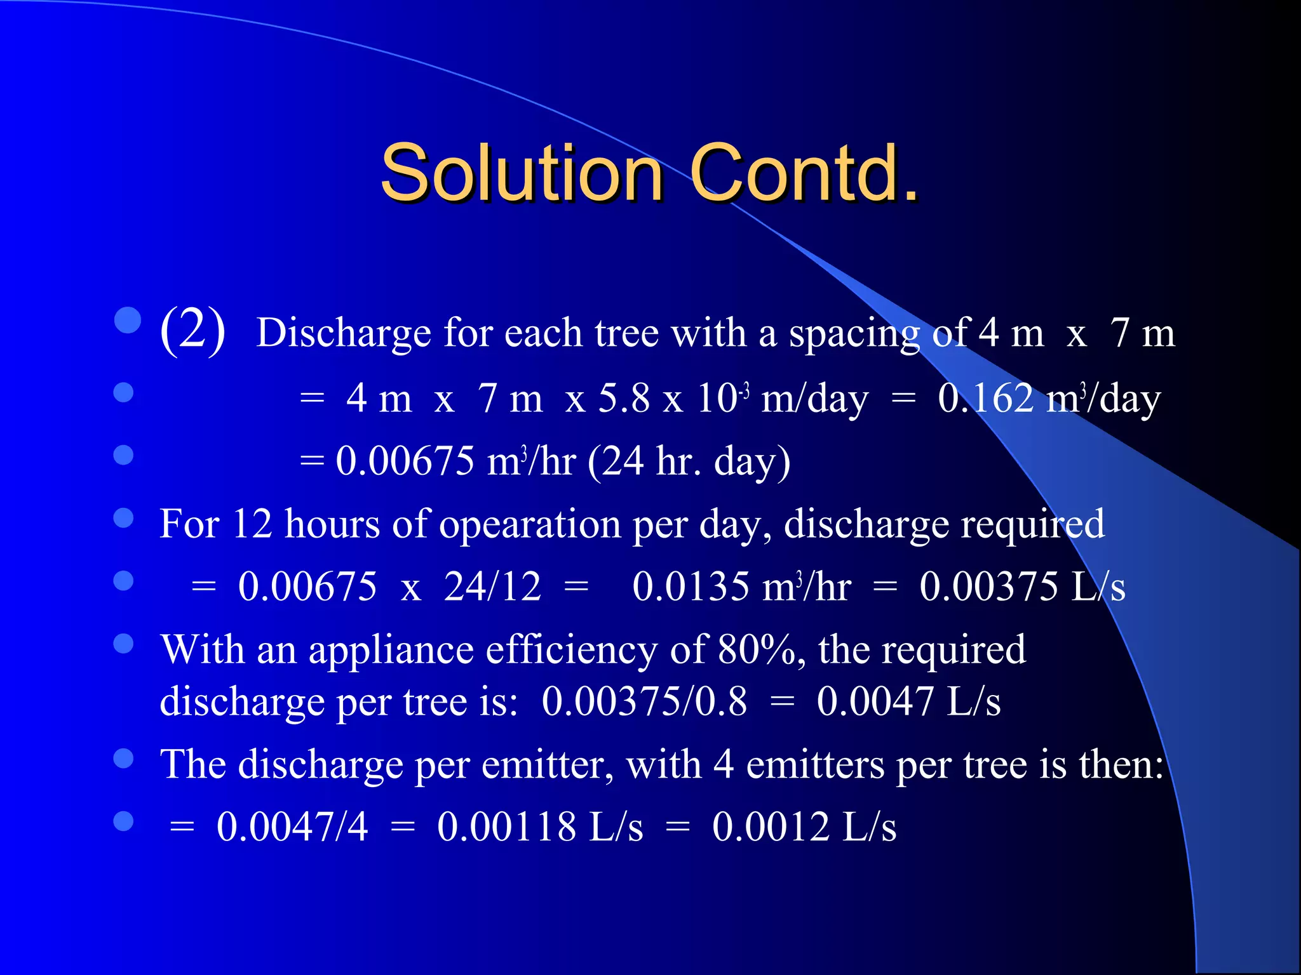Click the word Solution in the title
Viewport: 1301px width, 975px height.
(521, 173)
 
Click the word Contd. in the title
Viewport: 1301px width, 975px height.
(804, 173)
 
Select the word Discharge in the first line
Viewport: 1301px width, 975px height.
(343, 333)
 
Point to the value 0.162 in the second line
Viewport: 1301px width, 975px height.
(985, 399)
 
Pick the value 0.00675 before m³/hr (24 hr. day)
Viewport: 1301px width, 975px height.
(405, 460)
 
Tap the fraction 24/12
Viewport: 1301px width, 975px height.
(492, 586)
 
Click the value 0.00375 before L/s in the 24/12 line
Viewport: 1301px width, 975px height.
(988, 586)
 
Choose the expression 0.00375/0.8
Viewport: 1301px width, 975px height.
(644, 701)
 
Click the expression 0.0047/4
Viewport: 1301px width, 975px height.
(292, 826)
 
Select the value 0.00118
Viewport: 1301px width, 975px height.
(507, 826)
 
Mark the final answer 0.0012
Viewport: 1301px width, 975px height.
(771, 826)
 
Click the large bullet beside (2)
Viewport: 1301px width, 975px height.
(128, 321)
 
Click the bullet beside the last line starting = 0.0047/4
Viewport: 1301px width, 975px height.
(123, 821)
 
